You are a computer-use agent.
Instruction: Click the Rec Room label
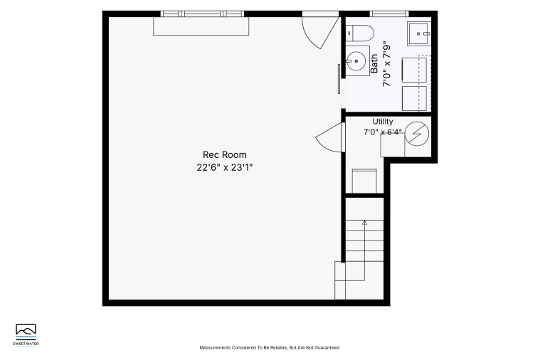pyautogui.click(x=225, y=154)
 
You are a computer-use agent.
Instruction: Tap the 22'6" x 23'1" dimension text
pyautogui.click(x=225, y=167)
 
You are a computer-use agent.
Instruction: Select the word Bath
pyautogui.click(x=374, y=63)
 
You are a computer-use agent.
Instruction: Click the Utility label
pyautogui.click(x=383, y=121)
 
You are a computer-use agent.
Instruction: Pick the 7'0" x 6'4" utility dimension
pyautogui.click(x=383, y=132)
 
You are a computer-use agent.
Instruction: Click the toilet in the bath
pyautogui.click(x=359, y=33)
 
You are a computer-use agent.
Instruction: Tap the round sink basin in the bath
pyautogui.click(x=356, y=61)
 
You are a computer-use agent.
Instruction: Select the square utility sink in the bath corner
pyautogui.click(x=419, y=33)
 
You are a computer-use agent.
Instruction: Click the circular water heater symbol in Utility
pyautogui.click(x=417, y=133)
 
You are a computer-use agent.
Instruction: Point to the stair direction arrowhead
pyautogui.click(x=364, y=223)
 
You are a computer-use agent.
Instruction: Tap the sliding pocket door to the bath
pyautogui.click(x=339, y=79)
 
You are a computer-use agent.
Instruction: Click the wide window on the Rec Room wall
pyautogui.click(x=202, y=14)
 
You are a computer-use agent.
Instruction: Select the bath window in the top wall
pyautogui.click(x=389, y=14)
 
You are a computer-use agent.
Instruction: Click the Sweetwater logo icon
pyautogui.click(x=26, y=331)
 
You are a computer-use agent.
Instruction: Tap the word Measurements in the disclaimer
pyautogui.click(x=215, y=348)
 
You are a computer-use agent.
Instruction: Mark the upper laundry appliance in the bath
pyautogui.click(x=414, y=70)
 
